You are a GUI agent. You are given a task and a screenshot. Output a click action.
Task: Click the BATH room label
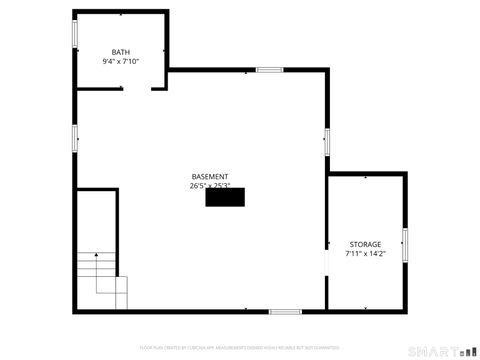[120, 52]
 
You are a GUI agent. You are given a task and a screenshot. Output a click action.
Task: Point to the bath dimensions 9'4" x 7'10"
[120, 62]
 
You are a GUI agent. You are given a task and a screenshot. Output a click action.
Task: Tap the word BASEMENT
[210, 176]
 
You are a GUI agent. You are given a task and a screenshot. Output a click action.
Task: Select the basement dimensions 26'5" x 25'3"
[210, 185]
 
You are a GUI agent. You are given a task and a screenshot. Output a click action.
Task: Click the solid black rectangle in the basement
[224, 198]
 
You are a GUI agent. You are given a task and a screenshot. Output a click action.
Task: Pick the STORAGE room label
[364, 244]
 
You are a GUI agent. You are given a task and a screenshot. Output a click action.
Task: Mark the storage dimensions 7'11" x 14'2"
[364, 254]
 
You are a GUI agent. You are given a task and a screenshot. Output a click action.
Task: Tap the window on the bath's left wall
[74, 33]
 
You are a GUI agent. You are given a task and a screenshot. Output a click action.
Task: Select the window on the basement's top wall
[268, 70]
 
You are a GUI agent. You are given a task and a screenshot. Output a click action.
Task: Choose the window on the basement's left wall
[74, 138]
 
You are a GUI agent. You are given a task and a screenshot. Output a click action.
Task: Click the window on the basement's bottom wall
[285, 311]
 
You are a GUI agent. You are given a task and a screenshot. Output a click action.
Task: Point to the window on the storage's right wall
[405, 244]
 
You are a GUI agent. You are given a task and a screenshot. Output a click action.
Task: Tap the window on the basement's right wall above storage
[326, 141]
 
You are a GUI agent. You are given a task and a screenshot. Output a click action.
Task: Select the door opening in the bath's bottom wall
[137, 89]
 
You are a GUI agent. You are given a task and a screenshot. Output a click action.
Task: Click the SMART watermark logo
[432, 351]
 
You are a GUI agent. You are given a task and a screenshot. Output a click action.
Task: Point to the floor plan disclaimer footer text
[239, 347]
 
